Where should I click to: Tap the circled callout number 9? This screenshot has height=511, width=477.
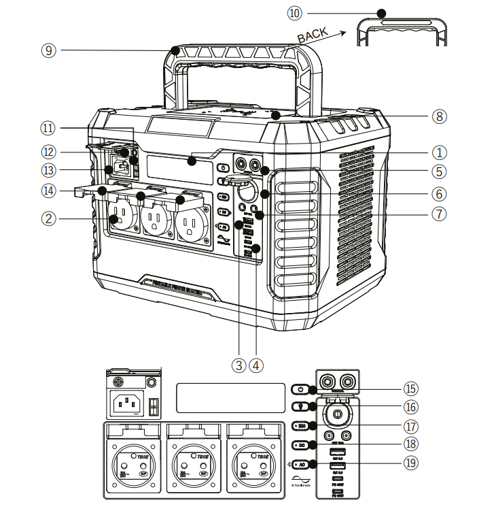[x=47, y=50]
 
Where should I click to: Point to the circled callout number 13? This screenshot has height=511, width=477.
[x=47, y=169]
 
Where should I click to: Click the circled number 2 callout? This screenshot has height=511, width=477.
[x=47, y=218]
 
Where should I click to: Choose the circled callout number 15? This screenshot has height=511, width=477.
[x=409, y=389]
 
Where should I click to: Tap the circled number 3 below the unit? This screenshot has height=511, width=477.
[x=238, y=365]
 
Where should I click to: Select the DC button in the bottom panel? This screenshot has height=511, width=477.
[x=301, y=445]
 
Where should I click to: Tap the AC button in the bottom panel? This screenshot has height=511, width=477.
[x=301, y=464]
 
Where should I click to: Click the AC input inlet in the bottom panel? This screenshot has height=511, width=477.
[x=127, y=405]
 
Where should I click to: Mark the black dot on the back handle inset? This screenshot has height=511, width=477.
[x=382, y=13]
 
